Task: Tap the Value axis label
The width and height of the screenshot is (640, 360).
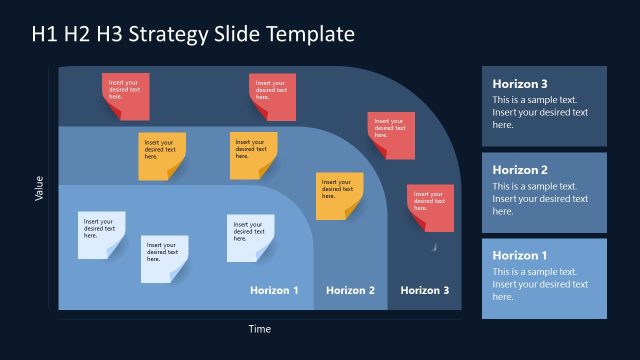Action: point(39,188)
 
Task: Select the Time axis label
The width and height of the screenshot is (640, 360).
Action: point(259,328)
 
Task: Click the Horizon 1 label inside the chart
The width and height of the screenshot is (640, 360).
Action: point(274,290)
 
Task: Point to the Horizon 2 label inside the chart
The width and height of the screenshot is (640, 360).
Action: point(350,290)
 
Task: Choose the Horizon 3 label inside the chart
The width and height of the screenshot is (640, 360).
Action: point(425,290)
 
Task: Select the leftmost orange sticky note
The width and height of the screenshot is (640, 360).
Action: point(162,155)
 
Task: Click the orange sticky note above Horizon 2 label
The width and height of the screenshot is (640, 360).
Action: point(339,195)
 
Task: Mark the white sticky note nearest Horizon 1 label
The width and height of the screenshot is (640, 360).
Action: point(250,237)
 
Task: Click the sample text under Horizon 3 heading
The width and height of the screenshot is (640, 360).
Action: point(540,113)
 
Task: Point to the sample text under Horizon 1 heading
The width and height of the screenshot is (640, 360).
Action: point(540,285)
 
